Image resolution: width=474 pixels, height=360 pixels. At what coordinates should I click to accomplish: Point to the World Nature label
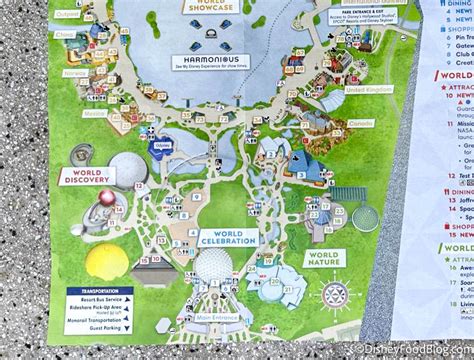point(325,258)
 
